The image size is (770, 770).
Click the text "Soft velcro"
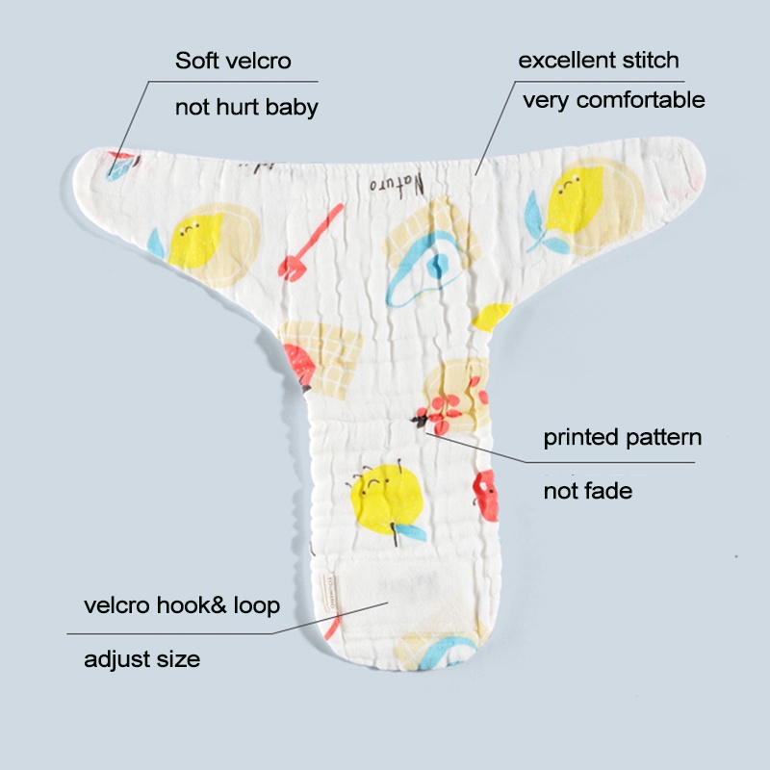pos(233,61)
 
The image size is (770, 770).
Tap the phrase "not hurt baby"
pos(246,107)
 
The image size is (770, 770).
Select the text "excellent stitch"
pos(599,60)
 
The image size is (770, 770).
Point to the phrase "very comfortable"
pos(614,100)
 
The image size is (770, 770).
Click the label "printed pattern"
pos(622,438)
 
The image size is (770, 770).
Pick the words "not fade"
pos(588,491)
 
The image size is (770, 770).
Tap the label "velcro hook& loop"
pos(182,605)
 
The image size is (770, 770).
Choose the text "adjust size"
pos(141,659)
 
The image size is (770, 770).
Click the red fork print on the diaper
pos(309,244)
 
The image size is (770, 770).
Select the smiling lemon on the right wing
pos(574,199)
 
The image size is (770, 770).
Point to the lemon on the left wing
pos(194,241)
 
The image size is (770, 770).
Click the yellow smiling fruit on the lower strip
pos(387,499)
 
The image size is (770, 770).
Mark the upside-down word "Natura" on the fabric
pos(397,184)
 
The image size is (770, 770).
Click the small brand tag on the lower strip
pos(327,592)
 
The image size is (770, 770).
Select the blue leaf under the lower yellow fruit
pos(411,532)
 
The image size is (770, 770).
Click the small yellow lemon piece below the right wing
pos(492,317)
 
